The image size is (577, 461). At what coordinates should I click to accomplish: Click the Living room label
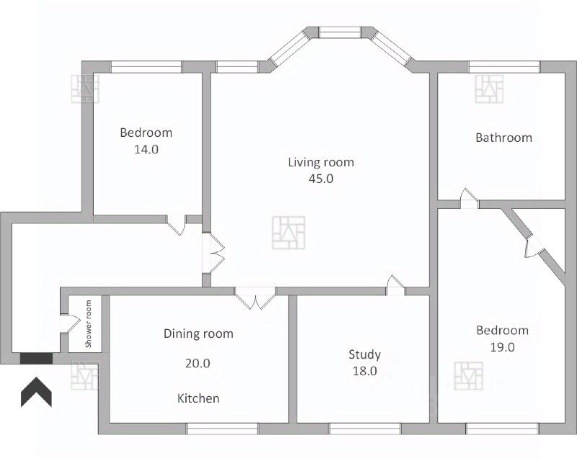click(x=321, y=162)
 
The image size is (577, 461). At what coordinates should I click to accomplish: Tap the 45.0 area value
click(x=321, y=179)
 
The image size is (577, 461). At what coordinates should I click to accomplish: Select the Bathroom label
click(x=503, y=138)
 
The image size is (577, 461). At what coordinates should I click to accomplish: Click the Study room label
click(x=365, y=354)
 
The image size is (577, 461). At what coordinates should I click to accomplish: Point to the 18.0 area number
click(x=365, y=371)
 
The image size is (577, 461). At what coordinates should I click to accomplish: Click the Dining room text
click(x=198, y=334)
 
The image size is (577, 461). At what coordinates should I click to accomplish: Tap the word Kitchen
click(x=198, y=398)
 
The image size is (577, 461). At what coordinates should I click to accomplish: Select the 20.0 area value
click(x=198, y=363)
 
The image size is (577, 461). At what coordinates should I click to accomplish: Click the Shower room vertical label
click(x=88, y=324)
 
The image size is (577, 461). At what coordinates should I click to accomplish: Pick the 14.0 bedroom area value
click(x=146, y=149)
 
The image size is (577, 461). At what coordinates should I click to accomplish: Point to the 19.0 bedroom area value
click(x=502, y=347)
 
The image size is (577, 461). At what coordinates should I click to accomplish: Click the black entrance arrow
click(x=36, y=392)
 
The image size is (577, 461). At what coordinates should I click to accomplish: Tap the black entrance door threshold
click(x=36, y=359)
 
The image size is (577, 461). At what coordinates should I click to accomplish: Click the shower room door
click(x=70, y=324)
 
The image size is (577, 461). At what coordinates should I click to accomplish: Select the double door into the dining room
click(x=255, y=297)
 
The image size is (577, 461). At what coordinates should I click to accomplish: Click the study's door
click(x=395, y=285)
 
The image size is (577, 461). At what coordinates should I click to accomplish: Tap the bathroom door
click(x=469, y=199)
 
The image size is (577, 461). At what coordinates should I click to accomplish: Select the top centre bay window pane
click(x=340, y=32)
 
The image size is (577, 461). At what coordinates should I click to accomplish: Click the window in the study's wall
click(x=365, y=429)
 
